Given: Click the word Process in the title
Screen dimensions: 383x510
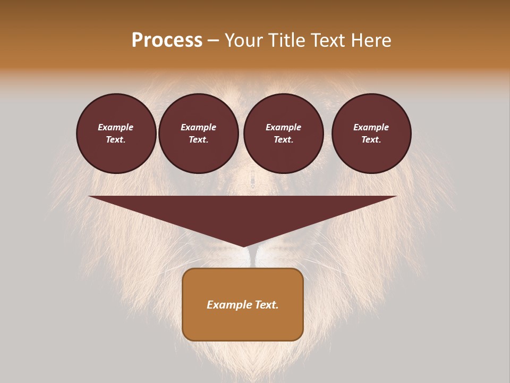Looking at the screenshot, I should (167, 40).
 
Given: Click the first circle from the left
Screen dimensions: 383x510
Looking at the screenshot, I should (116, 134).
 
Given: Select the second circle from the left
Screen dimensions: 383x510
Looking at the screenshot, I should (199, 134).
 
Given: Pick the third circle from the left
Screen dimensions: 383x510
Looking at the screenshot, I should (284, 134).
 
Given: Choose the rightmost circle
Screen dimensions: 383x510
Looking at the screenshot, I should (371, 134).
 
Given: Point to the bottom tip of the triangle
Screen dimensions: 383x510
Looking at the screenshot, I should (243, 246).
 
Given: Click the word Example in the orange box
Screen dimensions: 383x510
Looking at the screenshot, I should (229, 305).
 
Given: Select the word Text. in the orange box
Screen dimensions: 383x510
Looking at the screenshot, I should (266, 305).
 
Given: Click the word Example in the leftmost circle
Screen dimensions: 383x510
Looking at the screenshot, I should (116, 127).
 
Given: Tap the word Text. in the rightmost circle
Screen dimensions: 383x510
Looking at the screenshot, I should (371, 140).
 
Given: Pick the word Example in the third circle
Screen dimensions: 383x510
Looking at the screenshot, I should (284, 127).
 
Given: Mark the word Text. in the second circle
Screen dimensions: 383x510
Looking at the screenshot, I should (199, 140).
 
